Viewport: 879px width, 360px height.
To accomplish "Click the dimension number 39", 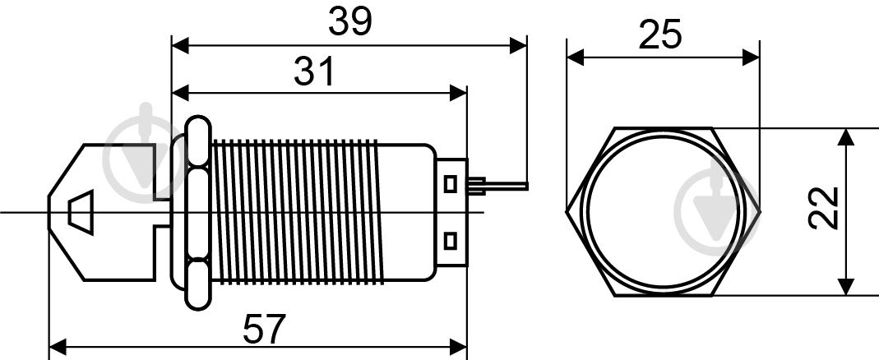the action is pos(349,22).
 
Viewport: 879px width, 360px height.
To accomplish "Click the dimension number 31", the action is pos(314,72).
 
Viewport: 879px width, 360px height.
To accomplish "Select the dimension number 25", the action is pos(659,35).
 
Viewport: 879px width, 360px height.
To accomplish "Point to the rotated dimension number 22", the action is pos(823,208).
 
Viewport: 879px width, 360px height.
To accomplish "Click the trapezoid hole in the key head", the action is pos(81,212).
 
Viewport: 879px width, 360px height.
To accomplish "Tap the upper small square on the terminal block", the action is pos(450,184).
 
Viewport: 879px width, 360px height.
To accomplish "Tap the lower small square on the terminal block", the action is pos(450,241).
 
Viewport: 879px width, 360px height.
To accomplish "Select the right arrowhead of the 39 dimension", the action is pos(518,46).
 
